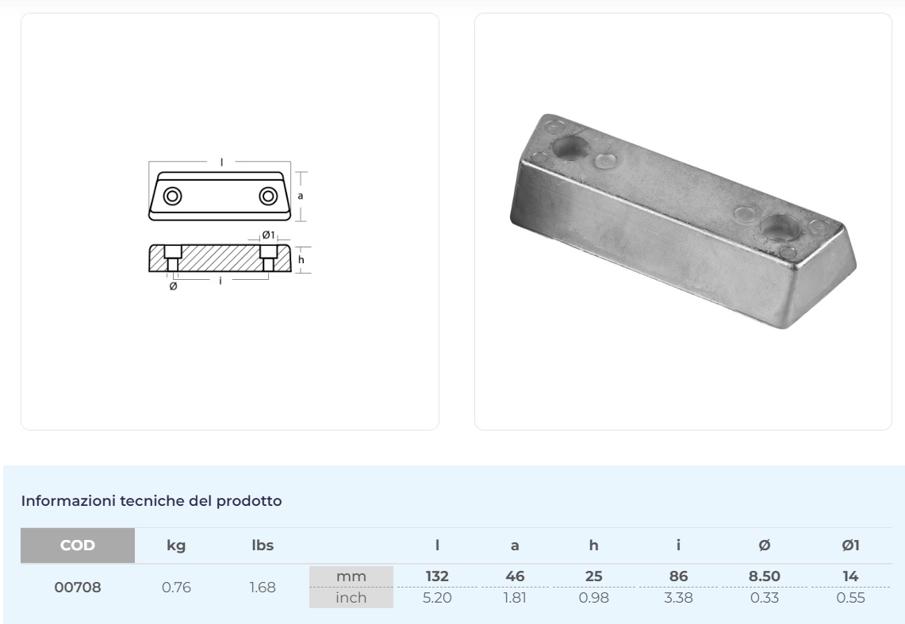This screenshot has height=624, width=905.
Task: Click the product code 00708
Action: coord(78,588)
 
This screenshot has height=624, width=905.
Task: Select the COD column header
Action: coord(78,546)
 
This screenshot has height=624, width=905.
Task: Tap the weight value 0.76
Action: coord(176,588)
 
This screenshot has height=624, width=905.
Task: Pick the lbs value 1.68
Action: coord(263,588)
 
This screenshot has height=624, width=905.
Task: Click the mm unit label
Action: coord(351,577)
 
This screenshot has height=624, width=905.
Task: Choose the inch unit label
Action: coord(351,598)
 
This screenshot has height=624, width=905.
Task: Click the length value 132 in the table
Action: coord(437,577)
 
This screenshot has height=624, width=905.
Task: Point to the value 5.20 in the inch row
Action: coord(437,598)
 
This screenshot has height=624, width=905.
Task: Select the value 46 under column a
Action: coord(515,577)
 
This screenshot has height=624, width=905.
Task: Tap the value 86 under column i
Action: coord(679,577)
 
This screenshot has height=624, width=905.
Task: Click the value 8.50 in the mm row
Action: coord(765,577)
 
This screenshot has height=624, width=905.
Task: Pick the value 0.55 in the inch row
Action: coord(850,598)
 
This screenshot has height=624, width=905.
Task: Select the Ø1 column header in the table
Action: coord(850,546)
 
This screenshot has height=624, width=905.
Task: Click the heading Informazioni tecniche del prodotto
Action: coord(151,501)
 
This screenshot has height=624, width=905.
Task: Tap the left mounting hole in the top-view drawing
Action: coord(171,196)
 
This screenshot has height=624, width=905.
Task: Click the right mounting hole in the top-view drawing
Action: coord(270,196)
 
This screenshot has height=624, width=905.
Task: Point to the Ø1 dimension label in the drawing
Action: coord(268,235)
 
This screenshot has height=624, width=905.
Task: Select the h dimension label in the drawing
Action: coord(301,259)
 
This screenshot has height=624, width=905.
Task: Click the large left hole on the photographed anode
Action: coord(572,147)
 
